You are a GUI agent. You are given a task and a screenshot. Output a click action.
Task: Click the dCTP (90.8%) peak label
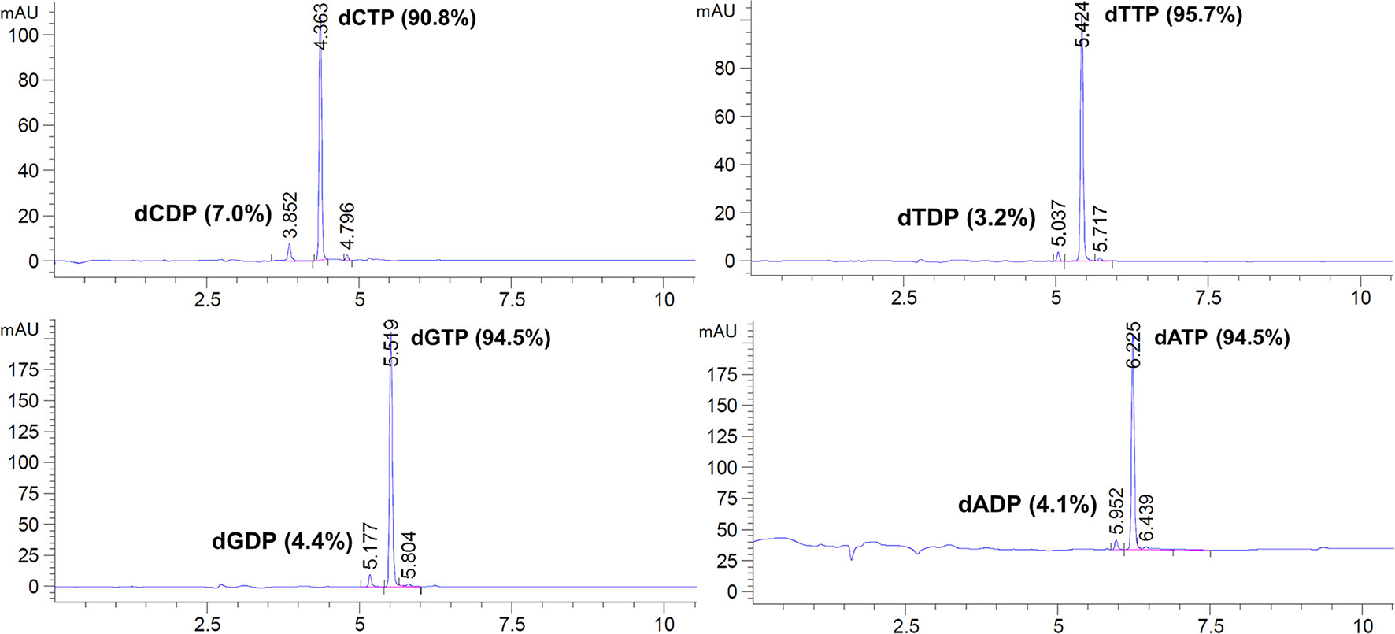point(406,18)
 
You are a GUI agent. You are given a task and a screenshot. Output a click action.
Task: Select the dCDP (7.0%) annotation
point(202,213)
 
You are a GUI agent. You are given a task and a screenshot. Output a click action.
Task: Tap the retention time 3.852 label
point(290,214)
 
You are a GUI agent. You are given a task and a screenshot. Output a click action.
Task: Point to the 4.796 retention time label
point(347,226)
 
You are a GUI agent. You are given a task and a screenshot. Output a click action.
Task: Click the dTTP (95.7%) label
point(1173,15)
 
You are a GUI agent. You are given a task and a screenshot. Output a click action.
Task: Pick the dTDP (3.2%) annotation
point(966,217)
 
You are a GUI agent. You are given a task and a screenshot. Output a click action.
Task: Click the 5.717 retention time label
point(1101,229)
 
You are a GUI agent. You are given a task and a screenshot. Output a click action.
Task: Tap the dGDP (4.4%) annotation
point(282,540)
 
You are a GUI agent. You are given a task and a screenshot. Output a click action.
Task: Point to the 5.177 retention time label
point(371,546)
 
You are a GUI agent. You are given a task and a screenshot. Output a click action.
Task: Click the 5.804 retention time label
point(409,555)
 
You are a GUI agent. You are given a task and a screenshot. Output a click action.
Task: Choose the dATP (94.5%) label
point(1222,338)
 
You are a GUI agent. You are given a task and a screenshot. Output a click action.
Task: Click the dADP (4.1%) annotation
point(1027,504)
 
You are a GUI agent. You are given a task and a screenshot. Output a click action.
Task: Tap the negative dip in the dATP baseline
point(852,557)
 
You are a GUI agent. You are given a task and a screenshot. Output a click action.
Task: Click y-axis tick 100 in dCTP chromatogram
point(28,35)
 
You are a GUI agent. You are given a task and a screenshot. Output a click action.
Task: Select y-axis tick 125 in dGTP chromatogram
point(23,432)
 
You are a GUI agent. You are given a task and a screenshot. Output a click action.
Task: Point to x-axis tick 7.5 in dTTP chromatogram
point(1208,298)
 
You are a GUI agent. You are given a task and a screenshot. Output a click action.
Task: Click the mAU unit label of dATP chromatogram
point(717,332)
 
